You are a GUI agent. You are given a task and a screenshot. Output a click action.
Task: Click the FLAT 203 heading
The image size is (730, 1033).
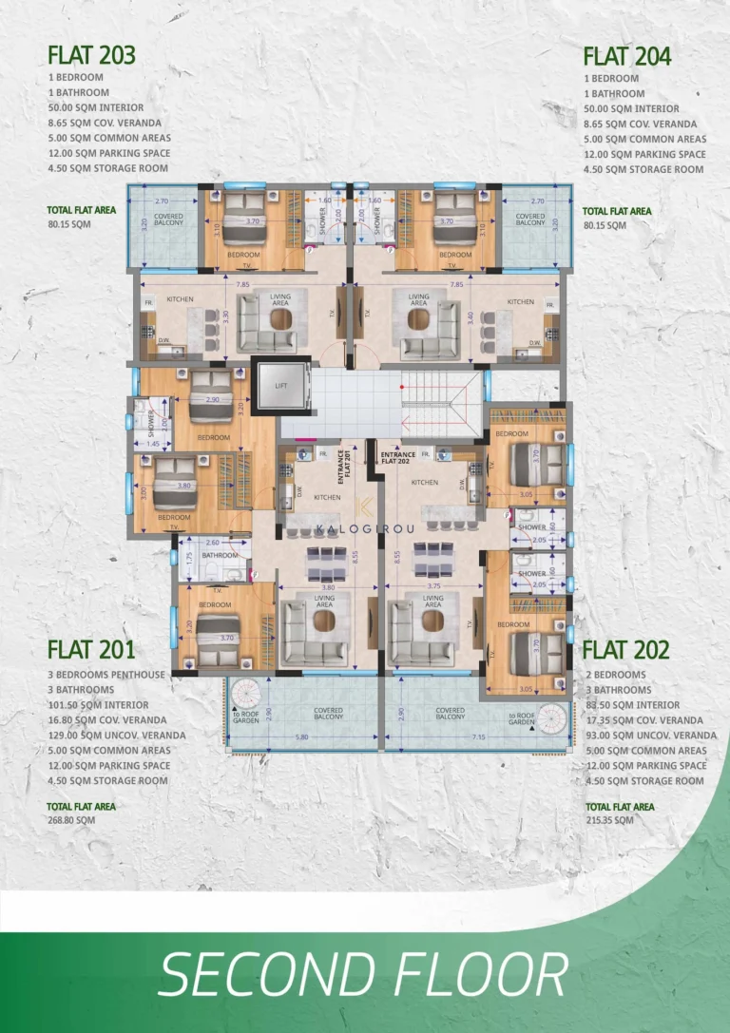(x=91, y=55)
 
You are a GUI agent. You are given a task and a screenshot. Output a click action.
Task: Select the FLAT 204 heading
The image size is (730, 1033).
(x=626, y=56)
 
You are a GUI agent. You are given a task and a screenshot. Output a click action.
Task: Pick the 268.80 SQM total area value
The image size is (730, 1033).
(x=71, y=819)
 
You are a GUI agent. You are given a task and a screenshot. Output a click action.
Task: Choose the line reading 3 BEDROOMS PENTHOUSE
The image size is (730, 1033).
(x=106, y=675)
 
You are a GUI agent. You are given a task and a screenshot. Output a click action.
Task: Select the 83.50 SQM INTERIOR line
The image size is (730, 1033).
(x=631, y=705)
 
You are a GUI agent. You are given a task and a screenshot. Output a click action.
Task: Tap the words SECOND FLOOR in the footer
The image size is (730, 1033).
(x=363, y=977)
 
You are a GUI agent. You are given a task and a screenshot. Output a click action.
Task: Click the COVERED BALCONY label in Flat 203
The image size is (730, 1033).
(x=168, y=220)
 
